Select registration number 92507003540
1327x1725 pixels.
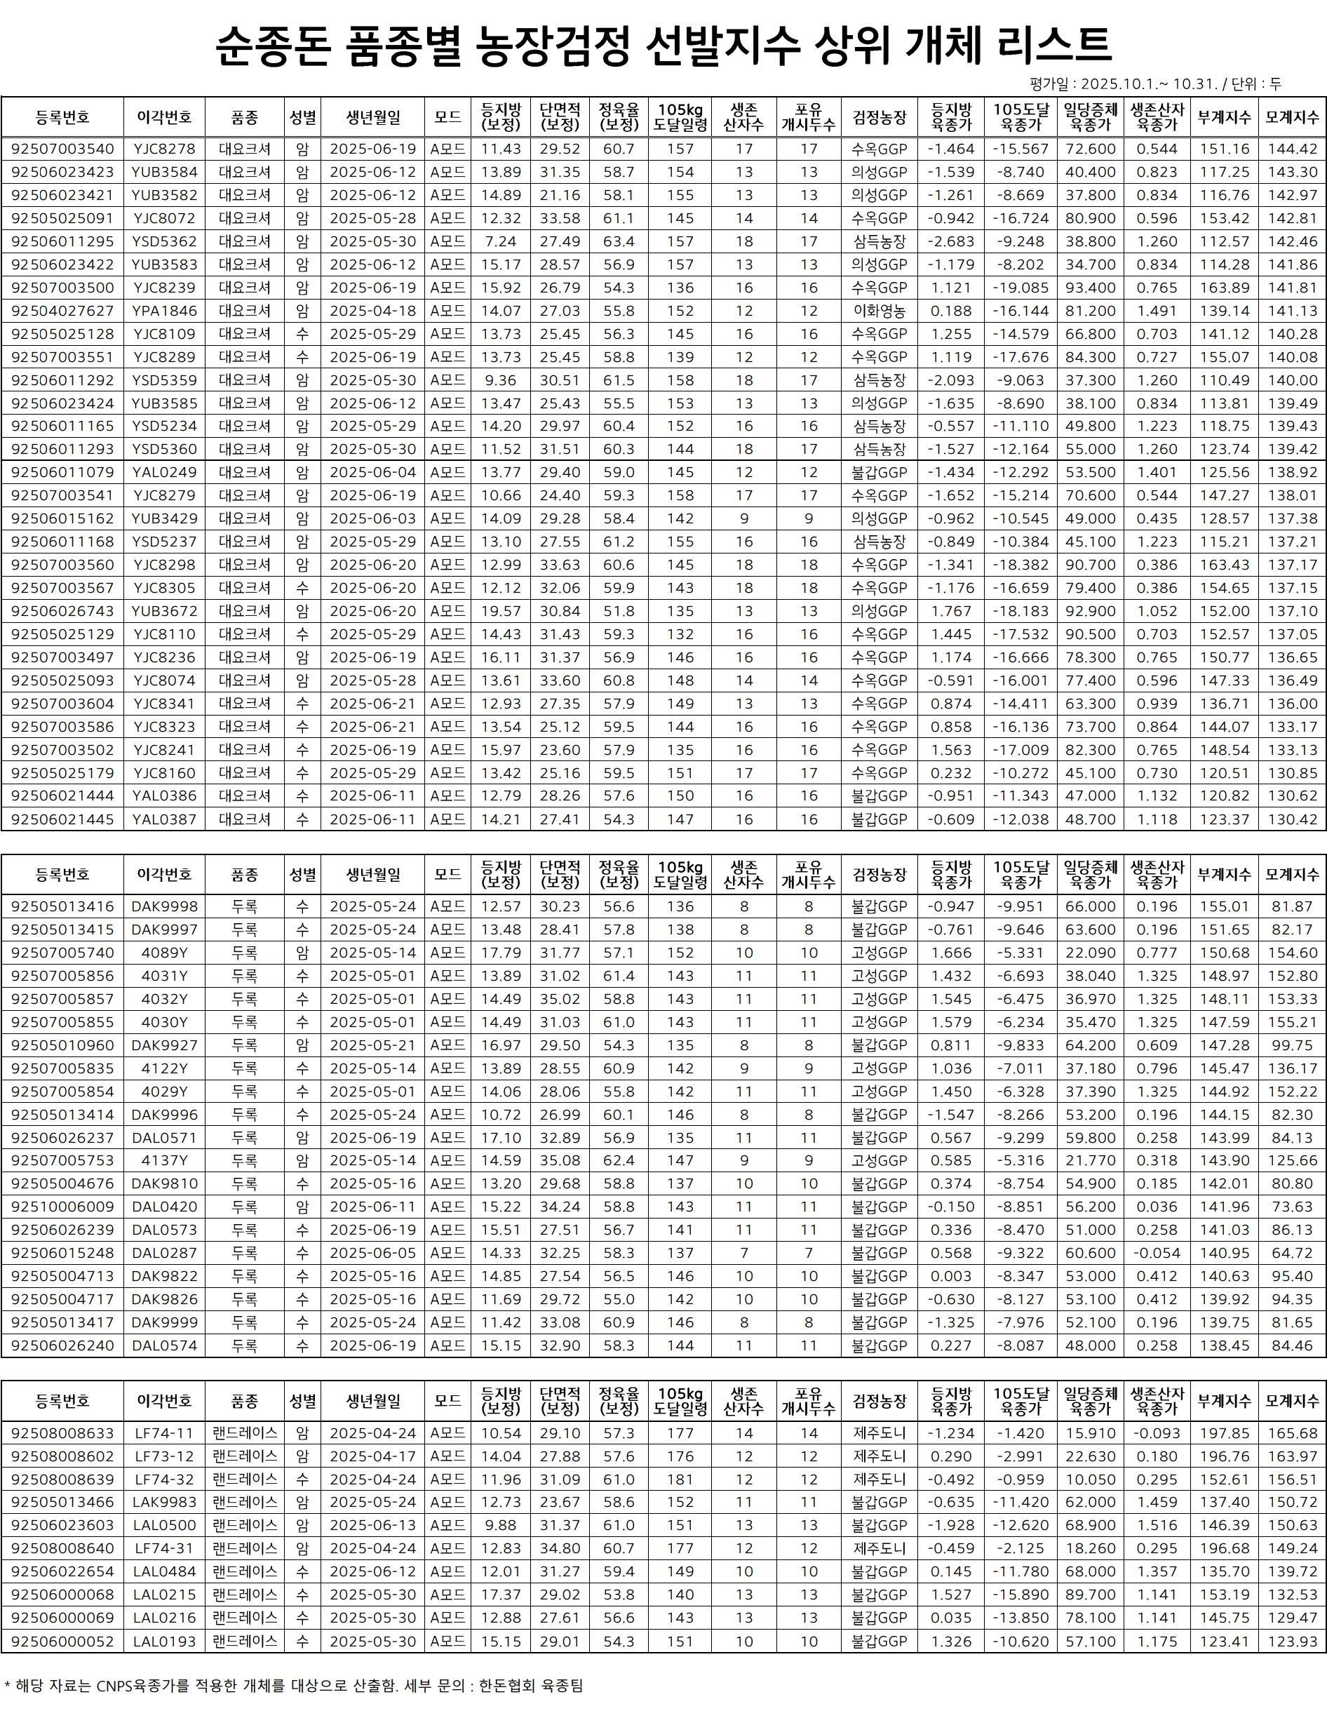click(x=62, y=149)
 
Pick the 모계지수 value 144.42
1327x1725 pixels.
click(x=1291, y=149)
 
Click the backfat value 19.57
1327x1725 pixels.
click(x=501, y=611)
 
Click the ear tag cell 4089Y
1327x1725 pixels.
click(x=164, y=953)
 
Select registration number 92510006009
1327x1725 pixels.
click(x=62, y=1207)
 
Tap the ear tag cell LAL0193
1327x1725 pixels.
click(x=164, y=1642)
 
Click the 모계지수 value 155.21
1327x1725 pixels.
click(x=1291, y=1022)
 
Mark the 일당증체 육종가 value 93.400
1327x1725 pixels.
click(x=1090, y=288)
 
